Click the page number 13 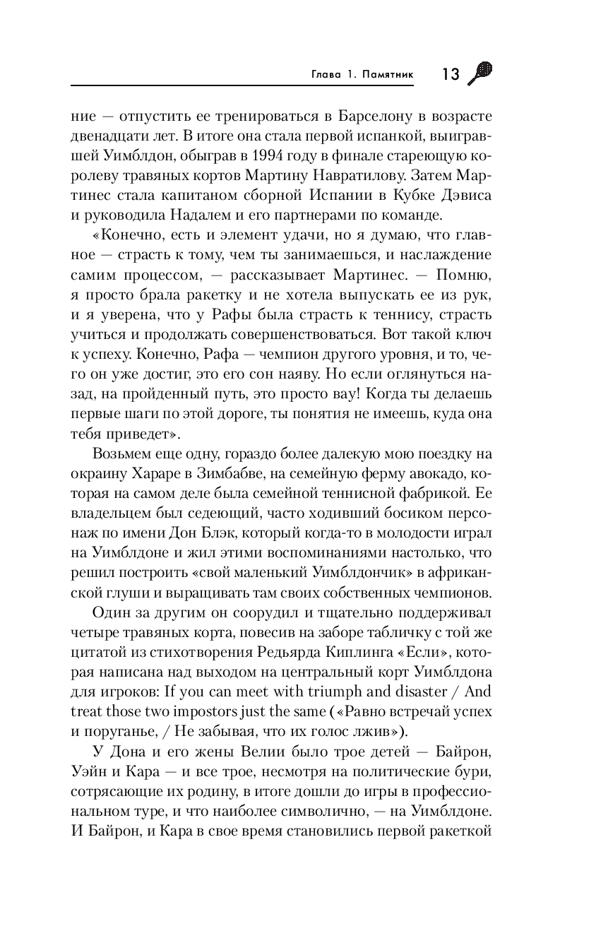(x=450, y=73)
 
